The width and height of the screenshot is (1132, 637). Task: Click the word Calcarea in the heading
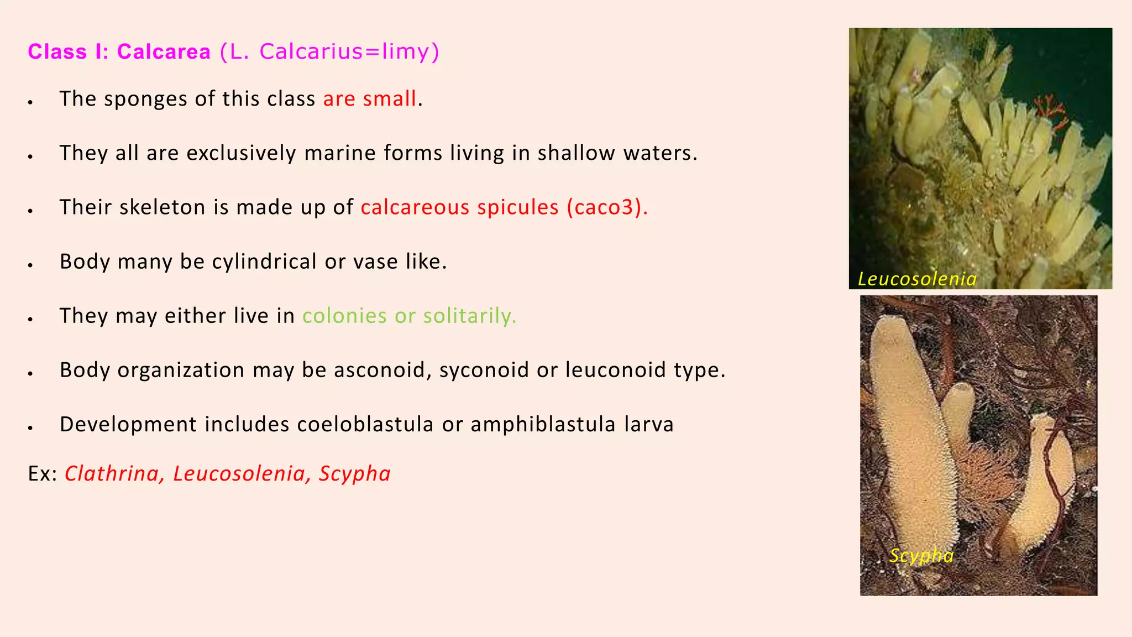point(164,52)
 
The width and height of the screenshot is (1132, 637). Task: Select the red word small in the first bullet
point(389,99)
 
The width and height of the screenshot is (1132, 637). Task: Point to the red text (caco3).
point(607,207)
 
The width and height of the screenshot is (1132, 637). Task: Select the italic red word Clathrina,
point(112,474)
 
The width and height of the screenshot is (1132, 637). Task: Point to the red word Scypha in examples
point(354,474)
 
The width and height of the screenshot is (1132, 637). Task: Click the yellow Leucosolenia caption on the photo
point(917,279)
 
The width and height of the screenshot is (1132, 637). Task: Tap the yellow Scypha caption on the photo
point(921,555)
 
